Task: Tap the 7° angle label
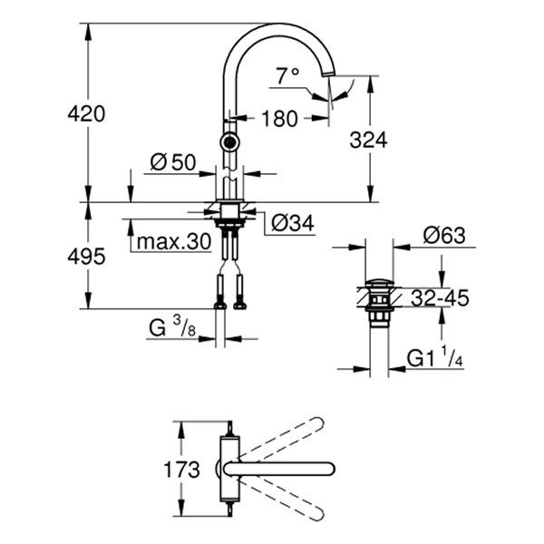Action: pyautogui.click(x=288, y=77)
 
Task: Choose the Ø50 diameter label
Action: pyautogui.click(x=172, y=162)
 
